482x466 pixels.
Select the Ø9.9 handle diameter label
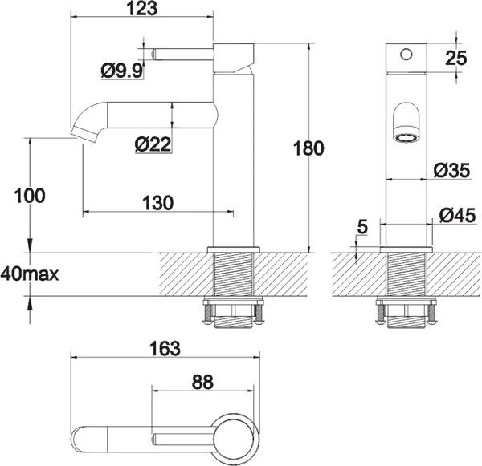click(x=122, y=72)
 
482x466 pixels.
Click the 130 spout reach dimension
click(x=157, y=203)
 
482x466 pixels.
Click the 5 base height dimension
click(x=361, y=228)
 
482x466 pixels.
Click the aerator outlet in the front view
click(x=407, y=137)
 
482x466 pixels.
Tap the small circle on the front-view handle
click(x=406, y=55)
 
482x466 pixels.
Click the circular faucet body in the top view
click(x=238, y=439)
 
